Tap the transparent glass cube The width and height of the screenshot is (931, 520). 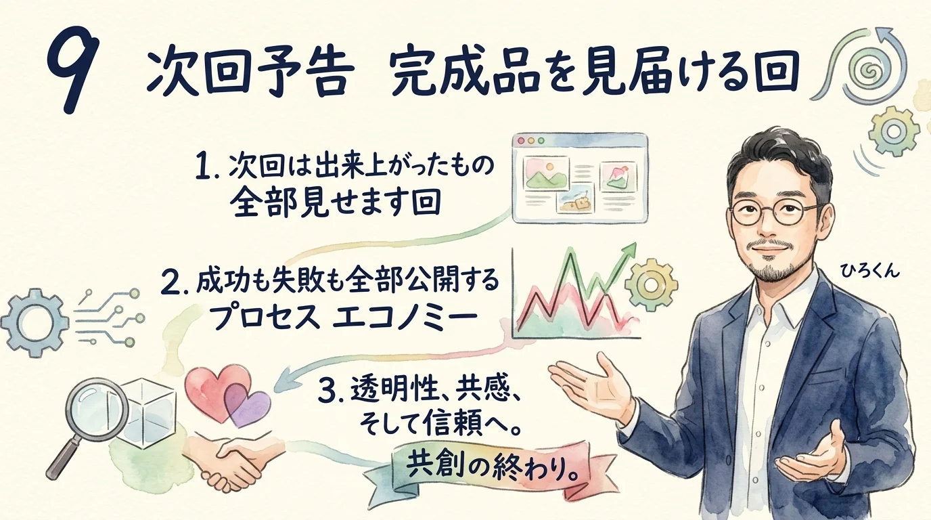(150, 414)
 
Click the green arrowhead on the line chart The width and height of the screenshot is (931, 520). (630, 251)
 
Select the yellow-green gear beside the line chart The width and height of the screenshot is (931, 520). (651, 284)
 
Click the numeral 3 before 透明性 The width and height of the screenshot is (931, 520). (327, 391)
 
